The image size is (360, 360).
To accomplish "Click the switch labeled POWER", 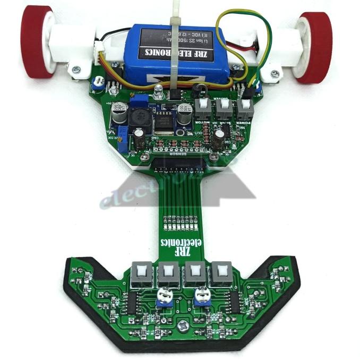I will (244, 108).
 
